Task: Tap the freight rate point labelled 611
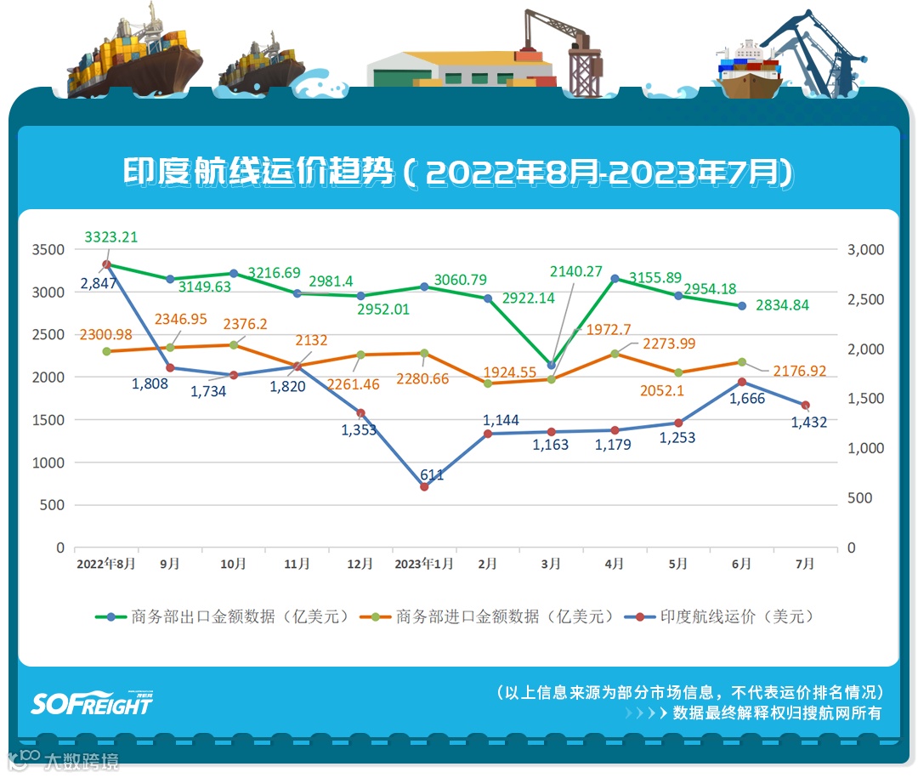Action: (424, 486)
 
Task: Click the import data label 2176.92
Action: (800, 372)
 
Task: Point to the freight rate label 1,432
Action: (808, 422)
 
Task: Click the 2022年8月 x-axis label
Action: (105, 564)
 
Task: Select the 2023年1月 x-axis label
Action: (424, 564)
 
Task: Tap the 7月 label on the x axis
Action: (805, 564)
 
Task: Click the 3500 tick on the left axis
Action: (48, 250)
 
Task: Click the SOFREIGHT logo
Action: (92, 702)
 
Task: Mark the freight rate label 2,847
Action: (99, 283)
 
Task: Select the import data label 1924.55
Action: (510, 372)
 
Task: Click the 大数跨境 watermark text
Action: (82, 760)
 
